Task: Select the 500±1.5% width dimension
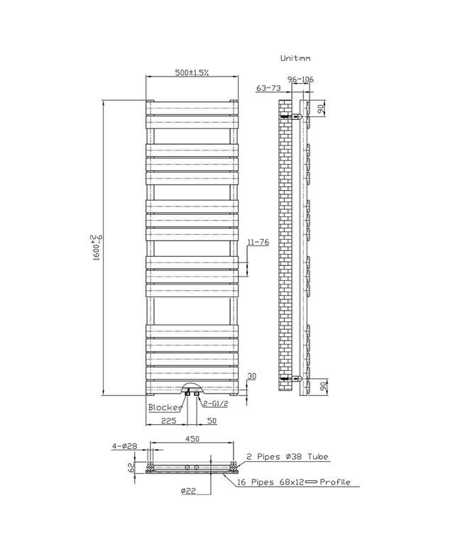(192, 73)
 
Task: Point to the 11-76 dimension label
(258, 243)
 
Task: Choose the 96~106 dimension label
(300, 79)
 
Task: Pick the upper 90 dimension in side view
(322, 109)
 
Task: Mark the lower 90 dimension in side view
(322, 388)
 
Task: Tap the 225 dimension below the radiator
(168, 421)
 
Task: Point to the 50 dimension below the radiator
(211, 421)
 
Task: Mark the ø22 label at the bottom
(188, 491)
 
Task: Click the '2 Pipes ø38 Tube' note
(288, 457)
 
